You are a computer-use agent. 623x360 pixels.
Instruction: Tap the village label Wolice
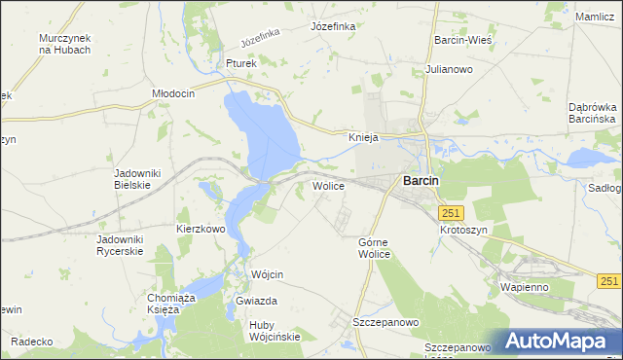[328, 185]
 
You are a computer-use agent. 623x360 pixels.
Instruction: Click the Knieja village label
[363, 137]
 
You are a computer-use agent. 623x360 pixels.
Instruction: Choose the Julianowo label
[449, 69]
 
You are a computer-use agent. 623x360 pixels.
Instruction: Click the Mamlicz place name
[595, 18]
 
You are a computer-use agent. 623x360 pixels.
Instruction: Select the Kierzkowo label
[201, 229]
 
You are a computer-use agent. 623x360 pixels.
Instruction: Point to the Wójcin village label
[267, 275]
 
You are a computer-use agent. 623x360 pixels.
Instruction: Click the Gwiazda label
[257, 302]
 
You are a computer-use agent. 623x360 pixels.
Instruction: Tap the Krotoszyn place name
[463, 230]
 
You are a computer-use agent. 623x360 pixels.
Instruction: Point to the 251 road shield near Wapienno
[609, 280]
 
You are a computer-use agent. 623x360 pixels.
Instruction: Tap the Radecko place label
[31, 342]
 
